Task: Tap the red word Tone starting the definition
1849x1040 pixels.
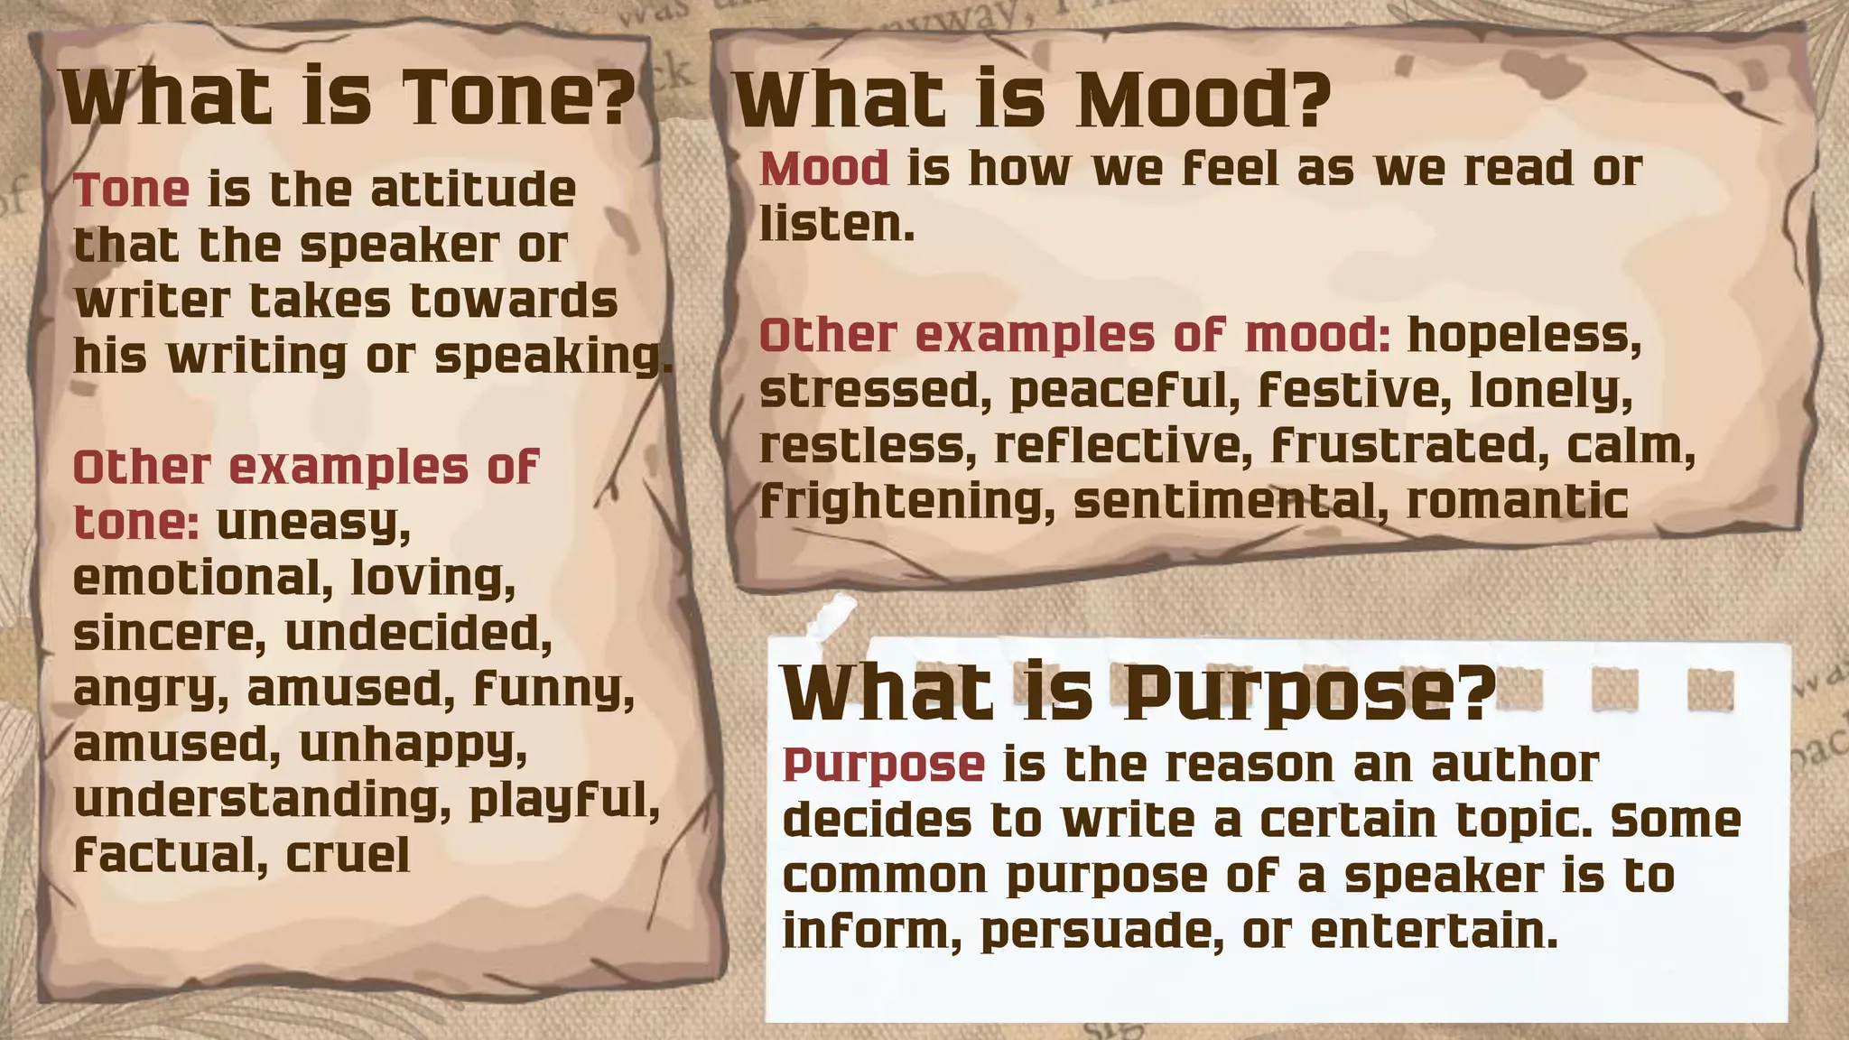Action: coord(132,190)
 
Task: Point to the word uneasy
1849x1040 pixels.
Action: coord(313,524)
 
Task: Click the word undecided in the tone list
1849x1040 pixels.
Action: coord(418,634)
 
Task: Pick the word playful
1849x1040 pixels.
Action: coord(564,801)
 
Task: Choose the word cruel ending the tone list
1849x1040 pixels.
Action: coord(348,855)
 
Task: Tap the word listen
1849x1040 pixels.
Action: coord(836,224)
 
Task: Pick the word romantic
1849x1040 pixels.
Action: coord(1517,502)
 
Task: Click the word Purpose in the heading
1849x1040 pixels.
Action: coord(1309,693)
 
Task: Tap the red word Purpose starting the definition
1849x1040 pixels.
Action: coord(883,766)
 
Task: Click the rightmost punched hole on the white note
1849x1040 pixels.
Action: coord(1710,692)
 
